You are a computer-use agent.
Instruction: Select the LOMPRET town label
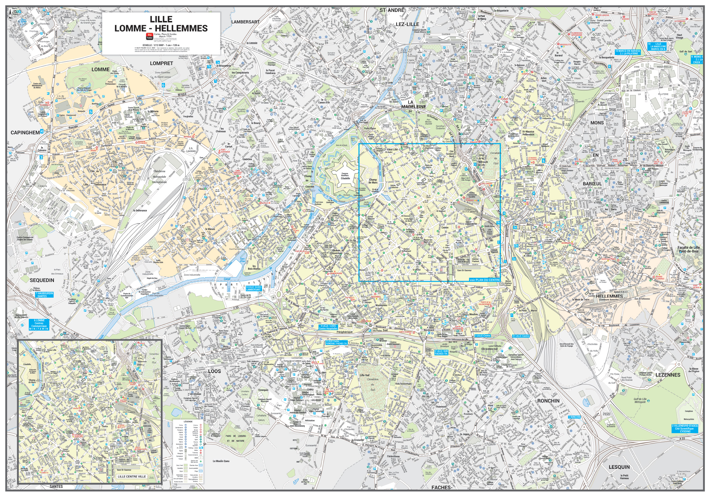pos(161,63)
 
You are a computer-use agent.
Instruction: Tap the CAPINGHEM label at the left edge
pos(25,132)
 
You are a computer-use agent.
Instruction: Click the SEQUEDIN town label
pos(42,280)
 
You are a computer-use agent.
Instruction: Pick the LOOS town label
pos(214,371)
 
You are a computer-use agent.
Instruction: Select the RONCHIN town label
pos(548,401)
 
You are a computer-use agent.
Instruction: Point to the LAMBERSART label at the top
pos(245,22)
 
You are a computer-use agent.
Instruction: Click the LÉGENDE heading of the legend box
pos(188,422)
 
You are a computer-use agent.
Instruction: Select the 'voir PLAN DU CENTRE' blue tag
pos(485,279)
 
